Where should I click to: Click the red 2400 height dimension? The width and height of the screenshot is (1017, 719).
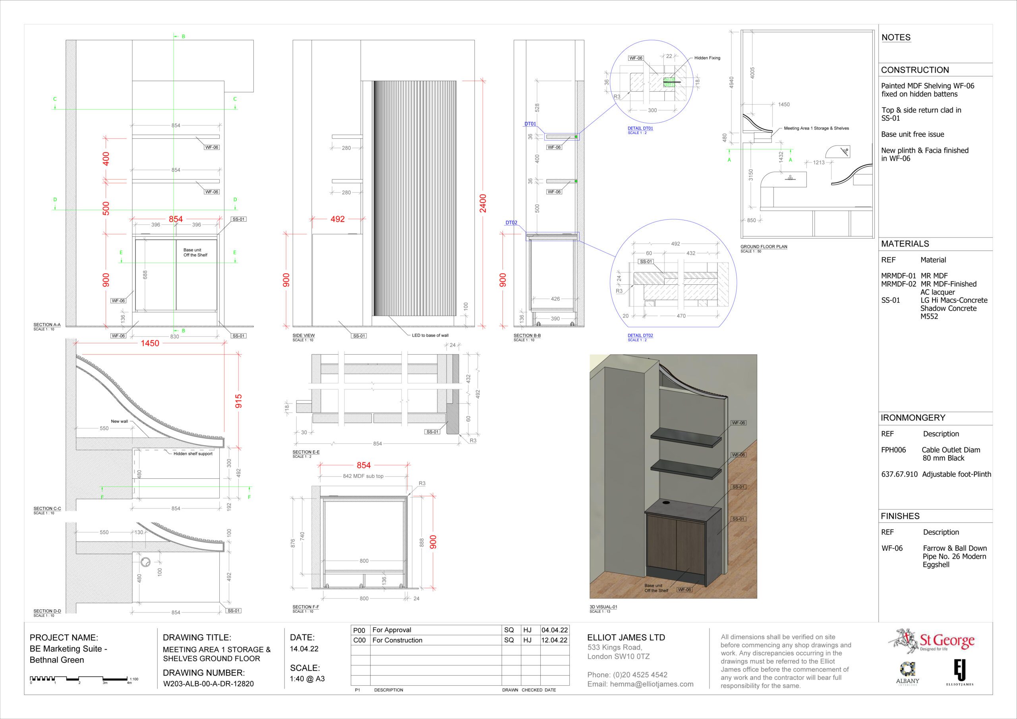tap(483, 203)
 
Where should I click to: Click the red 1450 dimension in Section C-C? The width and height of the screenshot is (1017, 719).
tap(150, 343)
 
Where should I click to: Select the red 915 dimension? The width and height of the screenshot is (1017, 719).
tap(239, 401)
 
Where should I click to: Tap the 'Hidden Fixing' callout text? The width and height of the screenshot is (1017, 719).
tap(707, 58)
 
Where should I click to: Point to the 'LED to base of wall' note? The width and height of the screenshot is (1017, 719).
tap(430, 335)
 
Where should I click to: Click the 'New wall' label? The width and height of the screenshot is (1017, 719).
tap(119, 421)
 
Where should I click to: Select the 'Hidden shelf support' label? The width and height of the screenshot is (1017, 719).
tap(193, 454)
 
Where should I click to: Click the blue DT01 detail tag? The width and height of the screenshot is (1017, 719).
tap(530, 124)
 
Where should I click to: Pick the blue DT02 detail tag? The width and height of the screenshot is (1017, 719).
tap(512, 223)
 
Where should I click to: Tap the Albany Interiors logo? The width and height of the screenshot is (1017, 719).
tap(908, 674)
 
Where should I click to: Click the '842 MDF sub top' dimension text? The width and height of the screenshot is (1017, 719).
tap(363, 476)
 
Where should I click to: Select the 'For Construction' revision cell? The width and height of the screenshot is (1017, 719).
tap(397, 640)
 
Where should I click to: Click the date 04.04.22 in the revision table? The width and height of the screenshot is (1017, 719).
tap(554, 630)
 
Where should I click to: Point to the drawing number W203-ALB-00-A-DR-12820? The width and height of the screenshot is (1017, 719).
tap(209, 684)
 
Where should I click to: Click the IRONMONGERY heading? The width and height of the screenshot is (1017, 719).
tap(913, 418)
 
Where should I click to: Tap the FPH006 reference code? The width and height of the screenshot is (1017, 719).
tap(893, 450)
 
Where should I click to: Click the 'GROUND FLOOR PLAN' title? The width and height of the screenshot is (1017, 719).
tap(764, 247)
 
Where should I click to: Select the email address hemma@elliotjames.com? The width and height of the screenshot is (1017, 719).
tap(652, 684)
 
